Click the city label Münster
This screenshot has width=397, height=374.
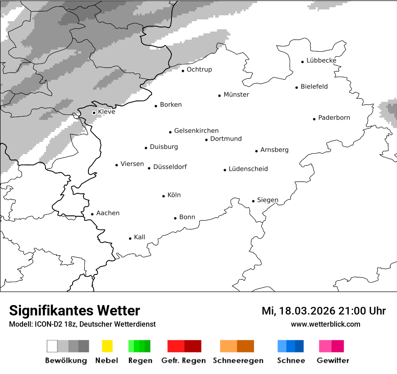pos(236,95)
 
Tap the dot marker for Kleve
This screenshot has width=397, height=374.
pos(94,113)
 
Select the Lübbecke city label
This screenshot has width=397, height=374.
pos(321,60)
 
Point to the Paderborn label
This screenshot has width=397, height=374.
pos(334,118)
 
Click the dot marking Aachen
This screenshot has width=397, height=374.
pos(92,214)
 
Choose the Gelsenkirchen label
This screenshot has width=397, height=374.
pos(196,131)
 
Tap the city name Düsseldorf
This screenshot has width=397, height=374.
pos(170,167)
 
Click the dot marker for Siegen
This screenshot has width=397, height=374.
pos(253,201)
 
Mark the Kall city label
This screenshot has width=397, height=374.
pos(139,237)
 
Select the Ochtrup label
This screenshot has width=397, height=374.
pos(199,69)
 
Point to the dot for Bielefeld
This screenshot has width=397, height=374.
pos(296,87)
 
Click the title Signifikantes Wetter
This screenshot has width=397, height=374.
pos(74,310)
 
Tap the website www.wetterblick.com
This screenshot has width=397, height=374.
pos(325,324)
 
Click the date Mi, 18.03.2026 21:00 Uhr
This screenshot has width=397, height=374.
pos(323,311)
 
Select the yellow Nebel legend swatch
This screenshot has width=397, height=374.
pos(107,346)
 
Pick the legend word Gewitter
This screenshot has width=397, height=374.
pos(332,360)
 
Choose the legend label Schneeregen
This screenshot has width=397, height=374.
pos(238,360)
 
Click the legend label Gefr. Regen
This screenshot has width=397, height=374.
pos(183,360)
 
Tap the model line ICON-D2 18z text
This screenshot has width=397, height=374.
pos(82,324)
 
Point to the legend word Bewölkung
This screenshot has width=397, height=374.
pos(66,360)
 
